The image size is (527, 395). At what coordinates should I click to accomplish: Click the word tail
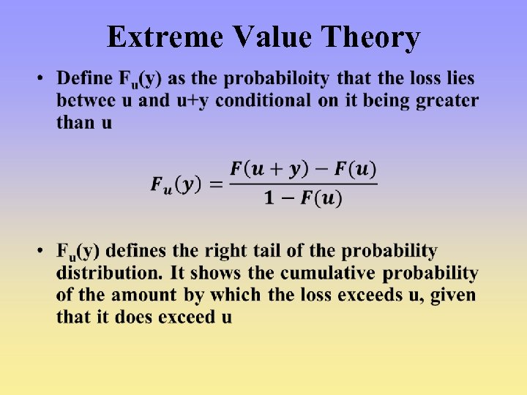point(290,252)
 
